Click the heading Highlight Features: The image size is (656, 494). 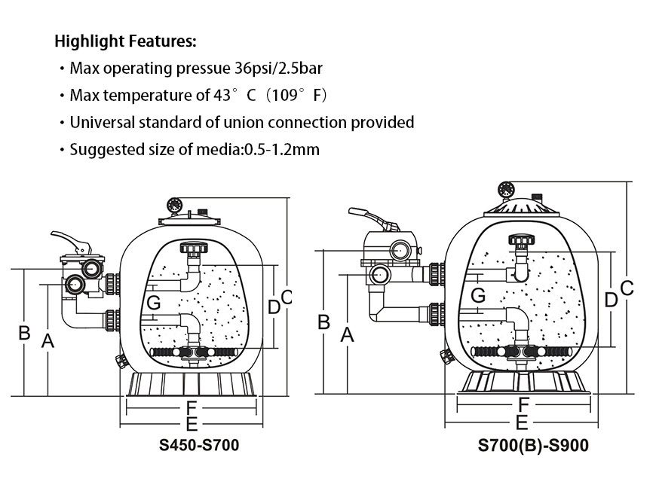coord(125,41)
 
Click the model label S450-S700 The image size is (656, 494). coord(199,445)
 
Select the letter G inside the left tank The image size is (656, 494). coord(154,303)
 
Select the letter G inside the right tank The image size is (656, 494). coord(477,296)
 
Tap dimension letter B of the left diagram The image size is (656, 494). coord(24,332)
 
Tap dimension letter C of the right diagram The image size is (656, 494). coord(627,288)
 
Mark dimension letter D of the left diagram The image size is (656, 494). coord(274,306)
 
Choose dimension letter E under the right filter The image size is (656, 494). coord(522,422)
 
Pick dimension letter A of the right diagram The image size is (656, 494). coord(348,335)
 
